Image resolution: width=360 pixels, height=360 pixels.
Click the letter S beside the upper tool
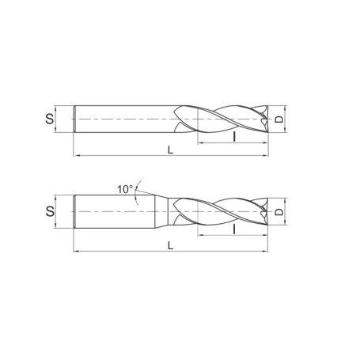pos(49,120)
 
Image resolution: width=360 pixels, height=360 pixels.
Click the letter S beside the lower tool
pos(49,211)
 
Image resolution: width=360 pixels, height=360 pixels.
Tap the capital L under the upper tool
pos(170,149)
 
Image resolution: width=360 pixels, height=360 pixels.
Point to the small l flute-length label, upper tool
pos(234,136)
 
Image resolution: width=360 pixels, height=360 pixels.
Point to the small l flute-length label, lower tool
pos(234,229)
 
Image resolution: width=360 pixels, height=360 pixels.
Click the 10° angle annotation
pos(124,189)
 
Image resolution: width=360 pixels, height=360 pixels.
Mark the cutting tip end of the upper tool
pos(267,120)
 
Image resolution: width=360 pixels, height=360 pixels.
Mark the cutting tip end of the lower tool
pos(267,212)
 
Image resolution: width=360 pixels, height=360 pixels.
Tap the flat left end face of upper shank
pos(74,120)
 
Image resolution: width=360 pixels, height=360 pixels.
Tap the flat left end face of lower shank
pos(74,212)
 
